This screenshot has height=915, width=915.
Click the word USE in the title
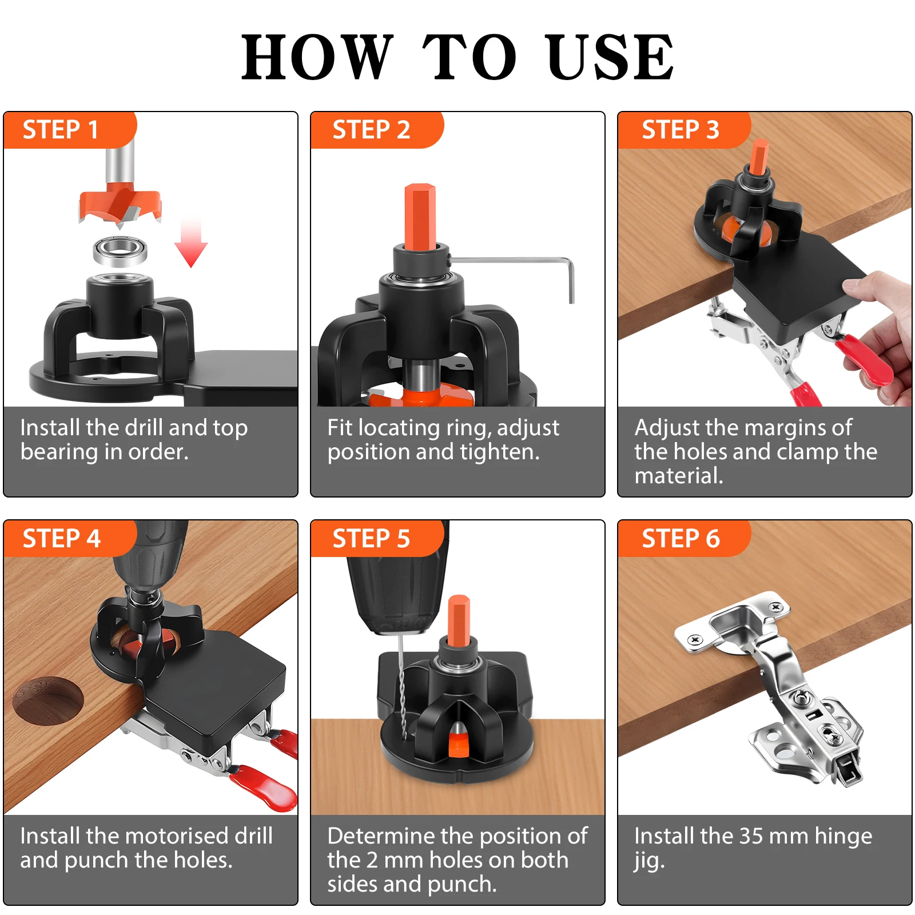(610, 57)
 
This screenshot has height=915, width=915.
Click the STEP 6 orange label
(684, 538)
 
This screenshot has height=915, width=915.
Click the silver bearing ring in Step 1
(120, 252)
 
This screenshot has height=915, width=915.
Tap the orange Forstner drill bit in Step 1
(120, 203)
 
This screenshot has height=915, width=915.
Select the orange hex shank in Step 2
(420, 217)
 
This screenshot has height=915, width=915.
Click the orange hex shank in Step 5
(458, 621)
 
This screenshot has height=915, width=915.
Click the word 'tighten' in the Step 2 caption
(497, 452)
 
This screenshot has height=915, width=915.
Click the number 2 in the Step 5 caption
(372, 860)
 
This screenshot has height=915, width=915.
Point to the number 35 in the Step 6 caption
(751, 836)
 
